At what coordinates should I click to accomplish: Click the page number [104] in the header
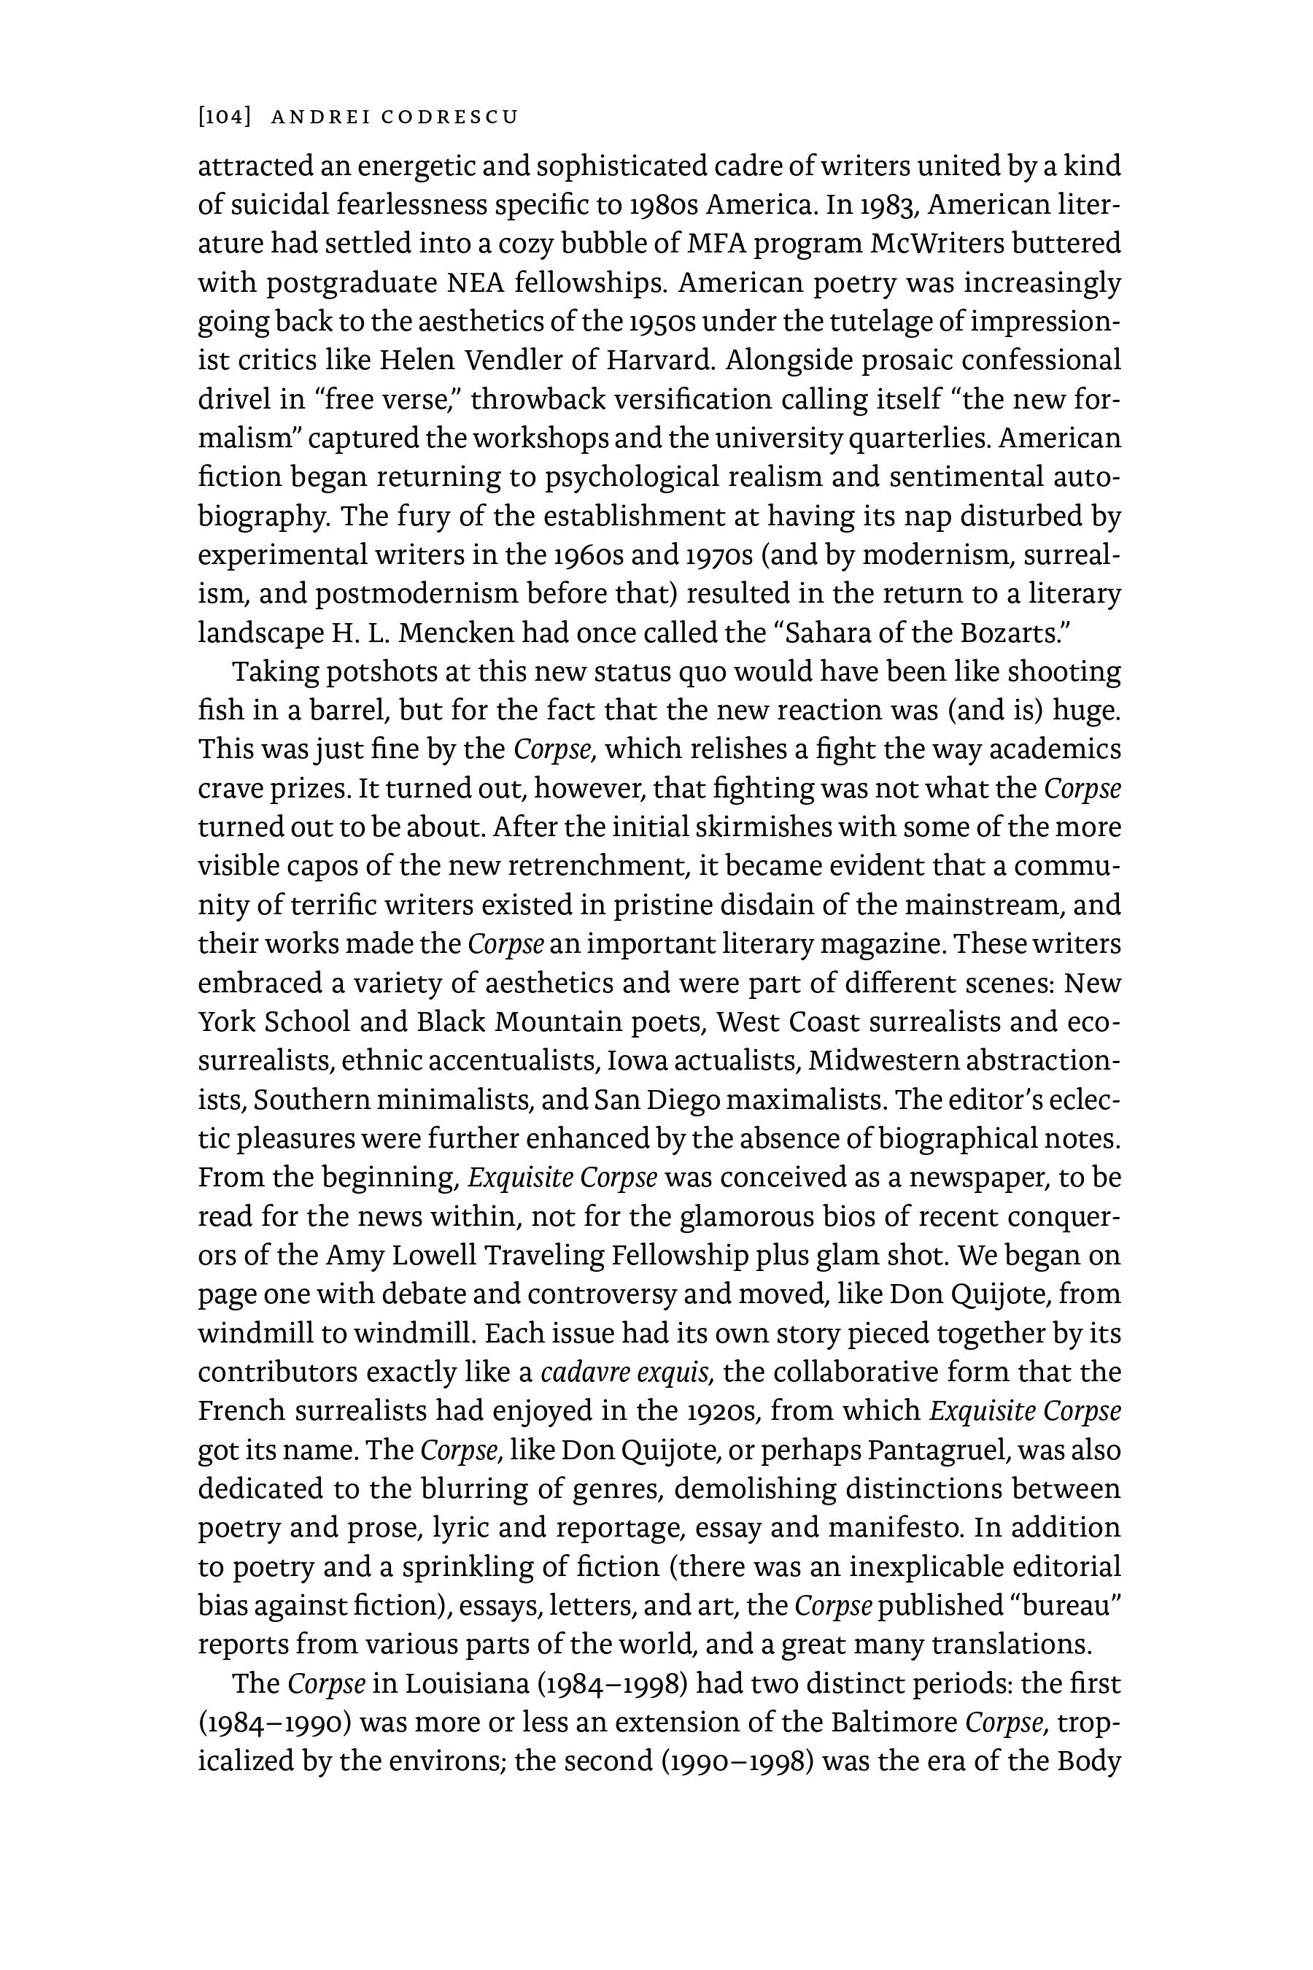click(x=225, y=117)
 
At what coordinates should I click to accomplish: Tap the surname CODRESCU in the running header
click(x=449, y=117)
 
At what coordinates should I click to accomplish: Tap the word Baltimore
click(x=894, y=1723)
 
